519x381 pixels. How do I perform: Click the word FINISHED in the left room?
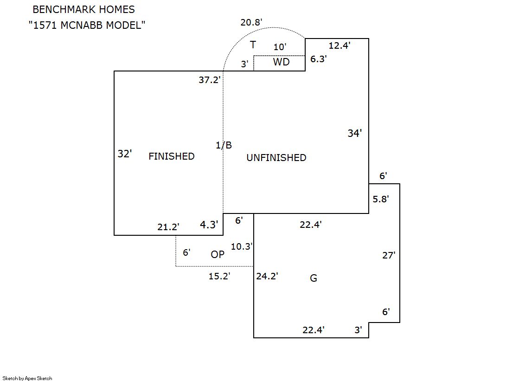tap(171, 156)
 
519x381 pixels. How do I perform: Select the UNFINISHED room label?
tap(276, 158)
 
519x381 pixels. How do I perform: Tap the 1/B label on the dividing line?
tap(224, 145)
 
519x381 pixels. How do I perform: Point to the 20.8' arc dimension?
tap(251, 22)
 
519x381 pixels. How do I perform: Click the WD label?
tap(281, 62)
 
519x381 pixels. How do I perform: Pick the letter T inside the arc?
tap(253, 45)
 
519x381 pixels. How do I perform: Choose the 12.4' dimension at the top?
tap(339, 45)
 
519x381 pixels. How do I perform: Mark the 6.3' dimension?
tap(319, 59)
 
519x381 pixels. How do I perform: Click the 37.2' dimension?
tap(209, 80)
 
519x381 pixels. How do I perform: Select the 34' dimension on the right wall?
tap(354, 133)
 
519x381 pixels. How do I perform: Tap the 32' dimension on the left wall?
tap(124, 154)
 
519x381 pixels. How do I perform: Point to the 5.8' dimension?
tap(380, 199)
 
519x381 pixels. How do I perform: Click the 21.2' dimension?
tap(168, 227)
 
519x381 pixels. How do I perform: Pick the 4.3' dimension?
tap(209, 225)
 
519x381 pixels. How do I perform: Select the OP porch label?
tap(218, 254)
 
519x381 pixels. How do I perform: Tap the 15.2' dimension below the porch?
tap(219, 277)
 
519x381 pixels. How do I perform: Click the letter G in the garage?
tap(314, 278)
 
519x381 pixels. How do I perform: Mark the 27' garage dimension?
tap(388, 255)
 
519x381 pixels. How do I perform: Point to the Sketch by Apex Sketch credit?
tap(27, 378)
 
